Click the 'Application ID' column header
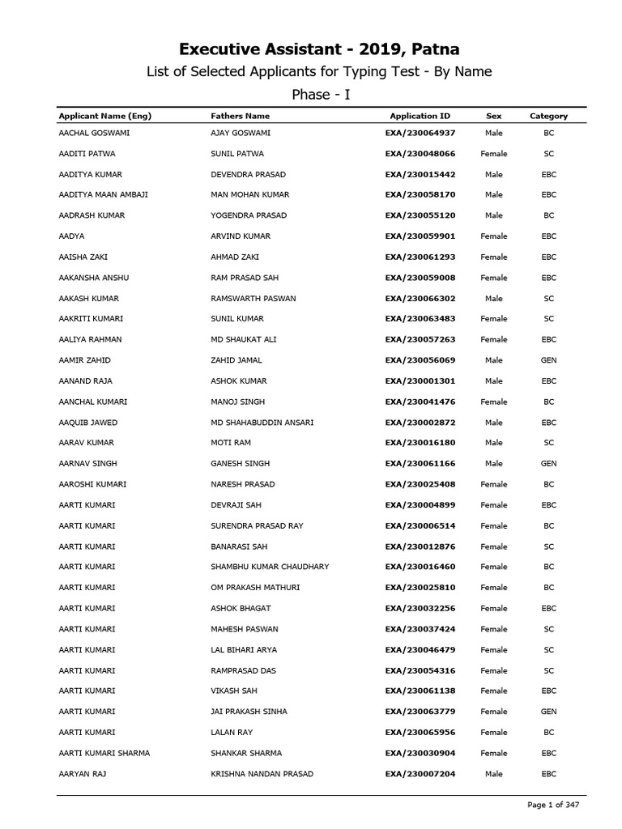(x=420, y=116)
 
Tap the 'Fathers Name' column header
(x=240, y=116)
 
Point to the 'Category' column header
(x=548, y=116)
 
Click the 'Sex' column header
(x=493, y=116)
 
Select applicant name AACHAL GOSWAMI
(x=95, y=133)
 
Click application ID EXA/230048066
(x=420, y=154)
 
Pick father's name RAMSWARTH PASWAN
(x=253, y=298)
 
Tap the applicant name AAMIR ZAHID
(x=85, y=360)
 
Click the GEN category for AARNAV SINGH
(x=548, y=464)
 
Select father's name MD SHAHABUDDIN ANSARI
(x=262, y=423)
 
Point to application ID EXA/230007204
(x=420, y=774)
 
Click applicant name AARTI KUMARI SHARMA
(x=104, y=753)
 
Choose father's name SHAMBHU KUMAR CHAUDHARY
(x=270, y=567)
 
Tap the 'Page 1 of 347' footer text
(x=554, y=805)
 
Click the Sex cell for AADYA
(x=493, y=236)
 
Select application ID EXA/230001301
(x=420, y=381)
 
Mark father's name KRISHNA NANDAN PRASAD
(x=262, y=774)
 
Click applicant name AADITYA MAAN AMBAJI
(x=103, y=195)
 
